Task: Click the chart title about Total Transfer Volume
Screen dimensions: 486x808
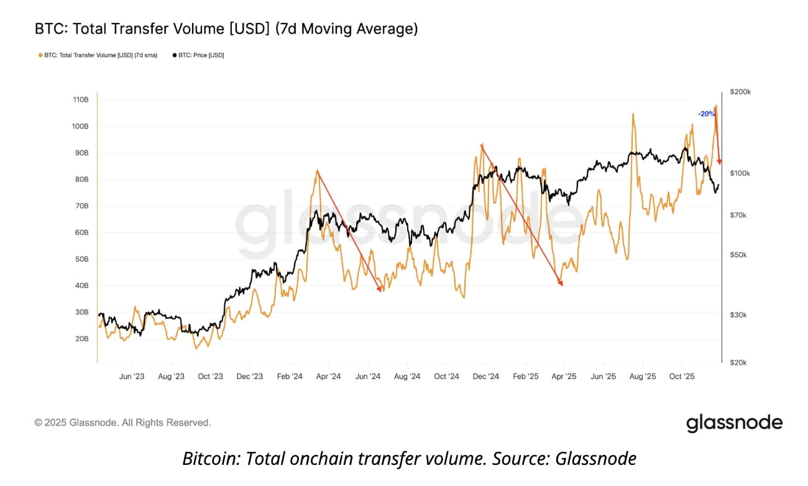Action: point(226,29)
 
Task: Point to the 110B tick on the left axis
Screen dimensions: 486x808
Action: point(81,99)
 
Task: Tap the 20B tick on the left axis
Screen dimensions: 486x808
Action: point(82,339)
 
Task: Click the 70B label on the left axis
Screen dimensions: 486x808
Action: point(82,206)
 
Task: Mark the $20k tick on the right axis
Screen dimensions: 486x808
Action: point(740,362)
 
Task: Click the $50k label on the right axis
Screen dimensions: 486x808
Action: point(740,255)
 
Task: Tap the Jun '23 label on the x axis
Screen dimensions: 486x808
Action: point(131,377)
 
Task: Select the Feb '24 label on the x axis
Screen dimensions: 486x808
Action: point(289,377)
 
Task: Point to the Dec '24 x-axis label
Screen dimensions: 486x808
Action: point(485,377)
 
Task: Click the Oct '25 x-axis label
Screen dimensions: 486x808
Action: point(682,377)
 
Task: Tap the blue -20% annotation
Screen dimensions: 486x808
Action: point(706,114)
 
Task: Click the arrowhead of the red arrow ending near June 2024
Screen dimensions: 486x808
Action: point(380,289)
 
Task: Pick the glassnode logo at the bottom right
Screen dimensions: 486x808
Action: point(734,423)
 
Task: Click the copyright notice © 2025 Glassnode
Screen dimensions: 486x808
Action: point(122,423)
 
